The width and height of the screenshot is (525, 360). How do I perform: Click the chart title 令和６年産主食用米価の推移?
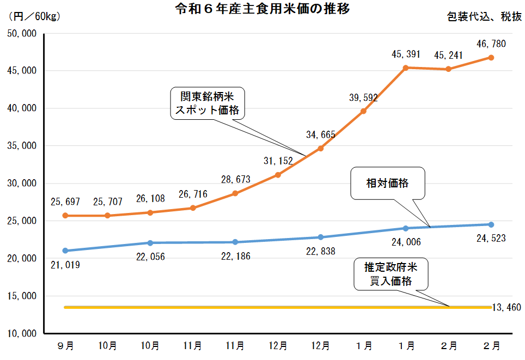(x=262, y=9)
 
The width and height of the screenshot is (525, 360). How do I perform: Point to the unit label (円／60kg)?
(x=34, y=16)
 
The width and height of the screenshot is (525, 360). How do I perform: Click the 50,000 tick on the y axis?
(x=21, y=34)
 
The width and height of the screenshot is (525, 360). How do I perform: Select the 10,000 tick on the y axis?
(x=21, y=333)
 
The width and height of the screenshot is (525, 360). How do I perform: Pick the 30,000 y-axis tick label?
(x=21, y=184)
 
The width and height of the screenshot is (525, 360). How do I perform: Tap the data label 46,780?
(x=491, y=44)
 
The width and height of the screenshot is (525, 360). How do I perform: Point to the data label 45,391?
(x=406, y=54)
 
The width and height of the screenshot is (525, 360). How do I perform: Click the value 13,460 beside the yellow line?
(x=507, y=308)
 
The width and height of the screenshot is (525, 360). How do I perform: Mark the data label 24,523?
(x=491, y=238)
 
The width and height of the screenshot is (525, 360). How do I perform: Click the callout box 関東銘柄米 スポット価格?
(x=207, y=103)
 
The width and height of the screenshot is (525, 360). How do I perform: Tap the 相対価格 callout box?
(x=387, y=183)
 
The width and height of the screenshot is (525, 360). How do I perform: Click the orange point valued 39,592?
(x=363, y=111)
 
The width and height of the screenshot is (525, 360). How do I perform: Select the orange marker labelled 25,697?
(x=65, y=216)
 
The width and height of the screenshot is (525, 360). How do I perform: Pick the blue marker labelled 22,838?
(x=321, y=237)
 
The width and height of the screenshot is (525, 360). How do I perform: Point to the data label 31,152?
(x=278, y=161)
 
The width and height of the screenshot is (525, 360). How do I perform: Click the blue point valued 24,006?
(x=406, y=228)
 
